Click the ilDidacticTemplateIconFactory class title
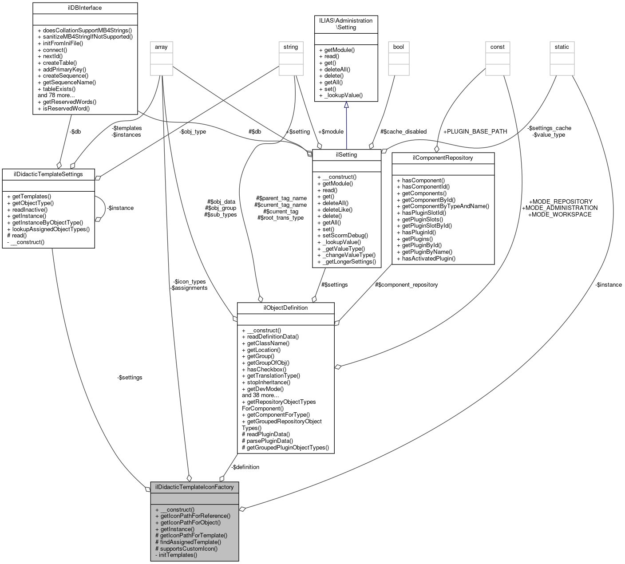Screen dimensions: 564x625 point(194,487)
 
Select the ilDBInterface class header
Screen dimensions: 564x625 point(85,8)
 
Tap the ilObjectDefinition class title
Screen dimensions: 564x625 point(285,308)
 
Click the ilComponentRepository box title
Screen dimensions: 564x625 point(443,158)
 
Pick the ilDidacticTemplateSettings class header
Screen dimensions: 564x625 point(48,174)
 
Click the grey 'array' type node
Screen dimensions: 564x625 point(161,47)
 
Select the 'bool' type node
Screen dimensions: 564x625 point(399,47)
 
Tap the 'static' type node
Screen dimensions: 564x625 point(562,47)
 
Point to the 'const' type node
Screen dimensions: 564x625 point(497,47)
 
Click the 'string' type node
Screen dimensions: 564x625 point(291,47)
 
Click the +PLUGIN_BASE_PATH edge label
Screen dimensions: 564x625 point(475,131)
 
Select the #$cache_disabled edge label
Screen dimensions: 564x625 point(403,131)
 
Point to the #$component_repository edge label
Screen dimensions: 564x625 point(406,284)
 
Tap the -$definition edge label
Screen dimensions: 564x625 point(245,467)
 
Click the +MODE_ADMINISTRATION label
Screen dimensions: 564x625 point(560,208)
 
